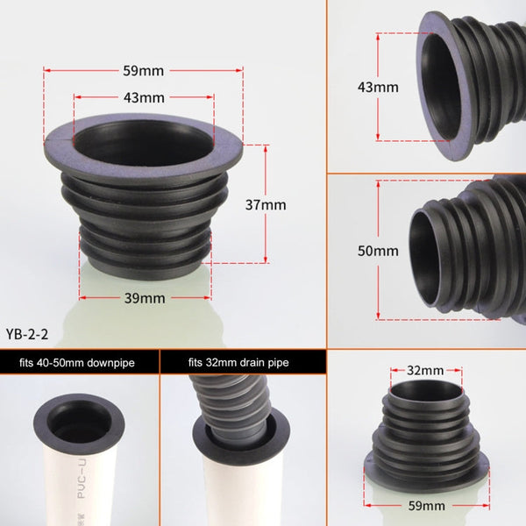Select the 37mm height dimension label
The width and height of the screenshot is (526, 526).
[266, 204]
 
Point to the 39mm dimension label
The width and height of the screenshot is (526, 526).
[145, 298]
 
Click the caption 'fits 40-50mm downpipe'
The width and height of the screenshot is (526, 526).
[78, 361]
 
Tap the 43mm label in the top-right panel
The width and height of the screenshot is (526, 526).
[377, 88]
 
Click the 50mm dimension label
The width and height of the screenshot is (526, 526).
[377, 252]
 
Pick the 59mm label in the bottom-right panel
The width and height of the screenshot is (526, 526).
[425, 506]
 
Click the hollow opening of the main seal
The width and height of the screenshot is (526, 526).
[144, 138]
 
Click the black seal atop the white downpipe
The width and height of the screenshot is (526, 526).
[79, 423]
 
